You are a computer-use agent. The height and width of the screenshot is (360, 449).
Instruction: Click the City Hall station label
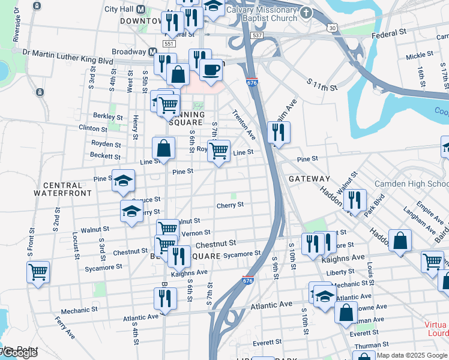point(119,10)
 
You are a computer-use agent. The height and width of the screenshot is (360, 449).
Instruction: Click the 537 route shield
point(257,36)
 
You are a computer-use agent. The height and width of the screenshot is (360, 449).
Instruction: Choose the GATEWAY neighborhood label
point(309,179)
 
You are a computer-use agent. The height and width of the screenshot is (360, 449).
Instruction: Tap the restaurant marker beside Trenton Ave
point(277,133)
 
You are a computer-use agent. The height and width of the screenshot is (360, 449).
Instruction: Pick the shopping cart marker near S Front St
point(38,272)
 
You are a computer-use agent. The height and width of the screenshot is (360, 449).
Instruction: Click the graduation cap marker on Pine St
point(123,181)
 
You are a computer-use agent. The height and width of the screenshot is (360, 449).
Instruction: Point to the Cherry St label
point(230,205)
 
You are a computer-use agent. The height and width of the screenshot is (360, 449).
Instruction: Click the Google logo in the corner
point(19,353)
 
